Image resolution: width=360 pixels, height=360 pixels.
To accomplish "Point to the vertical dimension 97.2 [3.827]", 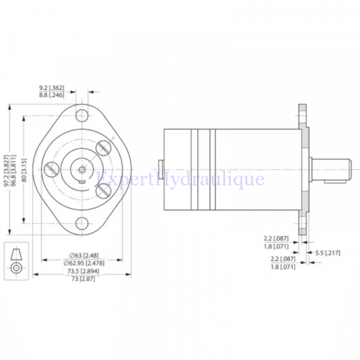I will point(7,169).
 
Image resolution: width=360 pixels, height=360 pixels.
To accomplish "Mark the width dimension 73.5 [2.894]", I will point(83,272).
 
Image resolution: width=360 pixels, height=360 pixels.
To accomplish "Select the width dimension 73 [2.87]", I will point(83,280).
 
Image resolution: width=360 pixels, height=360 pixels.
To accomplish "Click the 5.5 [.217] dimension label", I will point(328,253).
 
